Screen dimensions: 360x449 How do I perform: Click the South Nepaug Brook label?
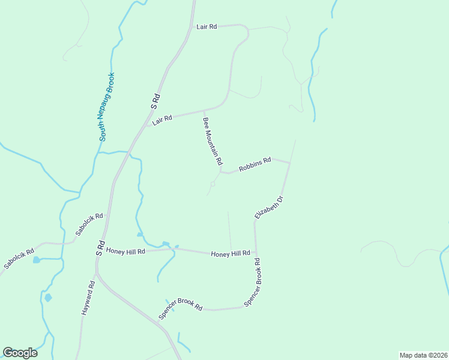coord(107,107)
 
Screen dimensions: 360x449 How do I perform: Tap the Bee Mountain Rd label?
coord(212,142)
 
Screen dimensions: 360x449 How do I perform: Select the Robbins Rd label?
coord(255,164)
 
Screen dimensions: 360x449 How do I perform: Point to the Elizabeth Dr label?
coord(268,206)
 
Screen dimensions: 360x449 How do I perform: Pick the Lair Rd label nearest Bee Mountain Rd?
coord(162,120)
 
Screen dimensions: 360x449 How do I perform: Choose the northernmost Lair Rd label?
coord(206,27)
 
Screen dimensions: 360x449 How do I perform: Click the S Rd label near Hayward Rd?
coord(101,248)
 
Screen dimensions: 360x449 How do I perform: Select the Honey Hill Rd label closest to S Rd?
coord(126,251)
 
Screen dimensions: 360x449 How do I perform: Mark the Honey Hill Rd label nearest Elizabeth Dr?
coord(231,254)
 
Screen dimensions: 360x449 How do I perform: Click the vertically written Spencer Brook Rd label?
coord(253,283)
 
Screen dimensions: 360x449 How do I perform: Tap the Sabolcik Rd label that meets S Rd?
coord(89,224)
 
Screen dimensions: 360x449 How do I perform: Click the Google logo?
coord(20,353)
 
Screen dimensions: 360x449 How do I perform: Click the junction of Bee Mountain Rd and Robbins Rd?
coord(220,172)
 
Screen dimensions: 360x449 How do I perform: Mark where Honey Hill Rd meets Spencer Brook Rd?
coord(256,253)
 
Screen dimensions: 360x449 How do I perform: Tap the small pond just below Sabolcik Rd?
coord(37,260)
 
